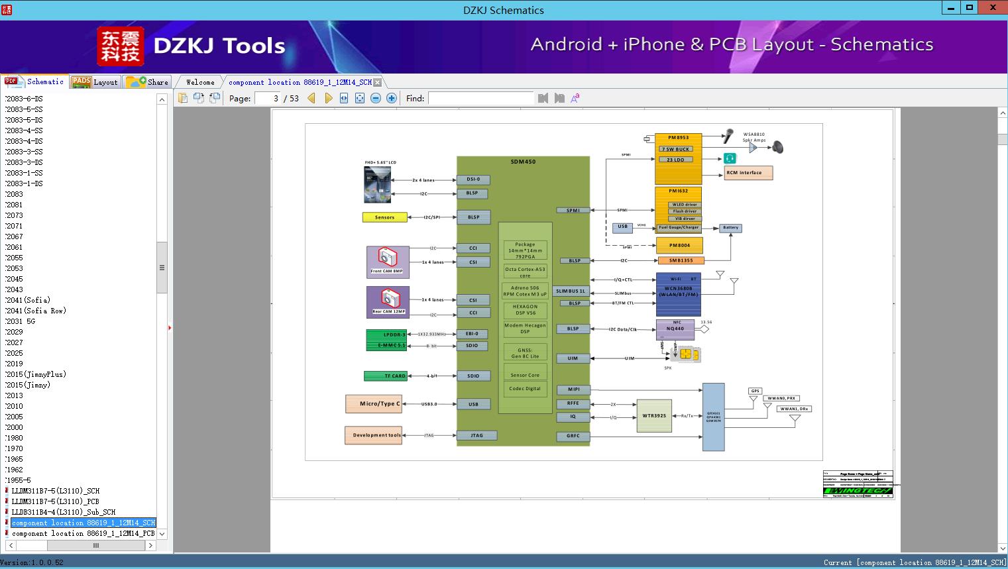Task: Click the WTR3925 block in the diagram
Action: (653, 416)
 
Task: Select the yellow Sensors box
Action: (384, 217)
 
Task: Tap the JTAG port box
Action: (476, 435)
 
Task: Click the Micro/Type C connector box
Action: (373, 403)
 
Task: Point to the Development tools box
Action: (373, 435)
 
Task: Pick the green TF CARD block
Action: (386, 376)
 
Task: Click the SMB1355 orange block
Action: (681, 260)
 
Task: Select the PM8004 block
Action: (679, 245)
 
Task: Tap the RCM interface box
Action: (748, 173)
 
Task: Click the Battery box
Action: (730, 228)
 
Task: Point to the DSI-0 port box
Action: (473, 180)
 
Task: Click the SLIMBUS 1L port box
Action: (571, 291)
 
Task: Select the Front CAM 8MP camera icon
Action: (388, 258)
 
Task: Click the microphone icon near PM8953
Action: (728, 136)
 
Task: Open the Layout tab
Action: (95, 82)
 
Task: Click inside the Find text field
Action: (480, 99)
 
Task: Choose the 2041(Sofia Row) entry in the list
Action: (36, 311)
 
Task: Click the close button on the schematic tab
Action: (377, 83)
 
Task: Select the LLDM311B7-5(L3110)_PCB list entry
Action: (55, 501)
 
